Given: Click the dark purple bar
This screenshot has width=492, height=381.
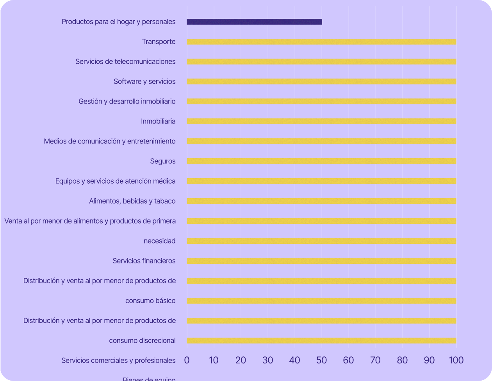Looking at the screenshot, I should click(x=254, y=22).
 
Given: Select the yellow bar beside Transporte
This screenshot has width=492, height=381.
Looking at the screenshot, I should click(x=321, y=42).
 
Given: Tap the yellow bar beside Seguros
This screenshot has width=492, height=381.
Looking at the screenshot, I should click(x=321, y=161).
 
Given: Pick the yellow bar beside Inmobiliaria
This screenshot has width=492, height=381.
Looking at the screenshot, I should click(x=321, y=122).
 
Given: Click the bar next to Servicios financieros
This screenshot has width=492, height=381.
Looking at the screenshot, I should click(x=321, y=261).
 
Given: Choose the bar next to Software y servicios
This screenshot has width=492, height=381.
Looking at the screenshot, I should click(x=321, y=82).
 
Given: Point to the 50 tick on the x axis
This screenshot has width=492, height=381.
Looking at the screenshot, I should click(x=322, y=360).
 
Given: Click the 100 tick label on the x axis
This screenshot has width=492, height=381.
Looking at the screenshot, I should click(x=456, y=360).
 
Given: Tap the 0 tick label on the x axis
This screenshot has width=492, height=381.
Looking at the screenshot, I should click(x=187, y=360).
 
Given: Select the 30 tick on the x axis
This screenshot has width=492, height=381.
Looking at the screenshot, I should click(x=268, y=360).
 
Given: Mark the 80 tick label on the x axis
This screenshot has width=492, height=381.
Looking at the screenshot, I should click(x=402, y=360).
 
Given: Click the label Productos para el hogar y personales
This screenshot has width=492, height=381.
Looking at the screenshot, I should click(x=119, y=22).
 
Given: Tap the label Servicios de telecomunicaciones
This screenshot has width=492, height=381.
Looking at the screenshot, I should click(x=125, y=62).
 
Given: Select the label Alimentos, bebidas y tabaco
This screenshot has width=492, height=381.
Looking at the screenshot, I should click(x=132, y=201).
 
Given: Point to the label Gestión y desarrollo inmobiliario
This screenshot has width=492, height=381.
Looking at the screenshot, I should click(x=127, y=102).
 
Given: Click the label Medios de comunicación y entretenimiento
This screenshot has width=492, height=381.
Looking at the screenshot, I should click(x=110, y=141).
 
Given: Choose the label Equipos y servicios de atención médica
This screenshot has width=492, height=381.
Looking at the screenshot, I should click(x=115, y=181).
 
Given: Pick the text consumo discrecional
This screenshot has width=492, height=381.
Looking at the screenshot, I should click(x=142, y=341).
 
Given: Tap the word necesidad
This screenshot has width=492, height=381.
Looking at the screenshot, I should click(x=159, y=241).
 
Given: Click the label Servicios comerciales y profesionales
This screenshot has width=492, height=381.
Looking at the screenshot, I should click(x=118, y=361).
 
